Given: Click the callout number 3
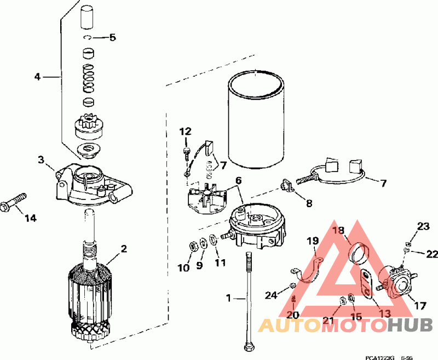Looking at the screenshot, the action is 41,159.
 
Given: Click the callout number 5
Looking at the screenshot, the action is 112,38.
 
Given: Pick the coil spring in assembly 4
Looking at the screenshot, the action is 89,78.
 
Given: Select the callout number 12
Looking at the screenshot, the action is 186,131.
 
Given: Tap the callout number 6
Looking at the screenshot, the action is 238,180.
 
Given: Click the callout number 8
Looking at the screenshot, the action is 309,203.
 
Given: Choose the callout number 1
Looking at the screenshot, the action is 229,299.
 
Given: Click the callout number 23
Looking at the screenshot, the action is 423,226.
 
